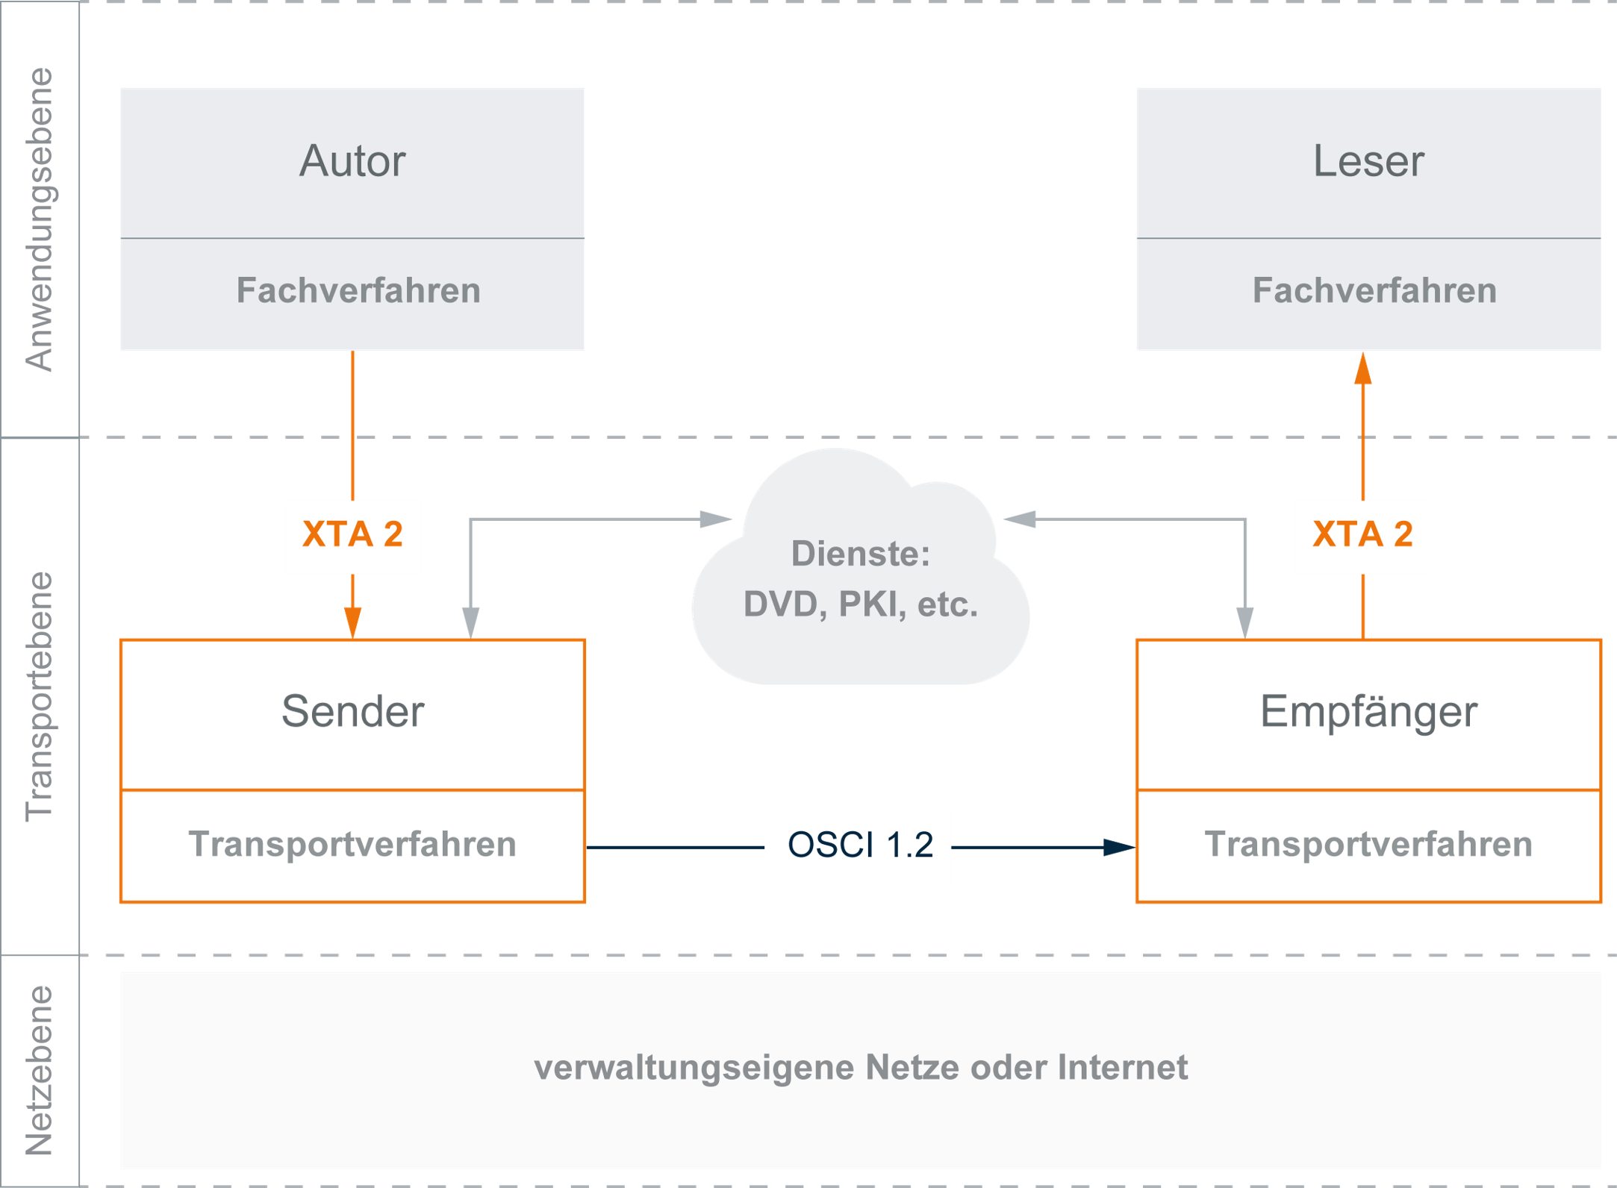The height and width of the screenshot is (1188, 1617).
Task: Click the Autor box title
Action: point(352,161)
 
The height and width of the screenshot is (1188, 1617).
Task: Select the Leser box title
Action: point(1368,161)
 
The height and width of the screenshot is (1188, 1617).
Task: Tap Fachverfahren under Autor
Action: point(358,290)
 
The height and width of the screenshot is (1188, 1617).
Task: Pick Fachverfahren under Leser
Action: point(1374,290)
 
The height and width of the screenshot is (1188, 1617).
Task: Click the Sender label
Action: point(352,711)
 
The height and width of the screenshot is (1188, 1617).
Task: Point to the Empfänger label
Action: point(1368,711)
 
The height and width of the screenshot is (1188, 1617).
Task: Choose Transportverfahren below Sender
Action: point(352,845)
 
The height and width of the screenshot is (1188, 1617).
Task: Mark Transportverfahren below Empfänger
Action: point(1368,845)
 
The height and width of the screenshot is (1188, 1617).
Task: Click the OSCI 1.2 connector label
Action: point(860,845)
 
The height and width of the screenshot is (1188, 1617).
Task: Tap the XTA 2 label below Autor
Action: point(352,534)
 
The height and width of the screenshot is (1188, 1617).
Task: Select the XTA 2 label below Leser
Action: point(1362,534)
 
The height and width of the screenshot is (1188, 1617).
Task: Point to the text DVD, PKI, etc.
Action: point(860,604)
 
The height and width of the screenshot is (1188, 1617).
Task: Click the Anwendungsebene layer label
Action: point(40,219)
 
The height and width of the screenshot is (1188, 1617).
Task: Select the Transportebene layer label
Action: point(40,696)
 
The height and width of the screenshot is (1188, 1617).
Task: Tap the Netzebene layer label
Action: point(40,1070)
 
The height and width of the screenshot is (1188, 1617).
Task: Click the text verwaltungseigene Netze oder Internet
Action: point(860,1067)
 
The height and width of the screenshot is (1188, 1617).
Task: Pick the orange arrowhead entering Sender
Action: point(352,622)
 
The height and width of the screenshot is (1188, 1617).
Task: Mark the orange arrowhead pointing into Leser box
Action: point(1362,369)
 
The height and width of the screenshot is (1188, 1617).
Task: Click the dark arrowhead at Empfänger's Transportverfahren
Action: point(1119,847)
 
